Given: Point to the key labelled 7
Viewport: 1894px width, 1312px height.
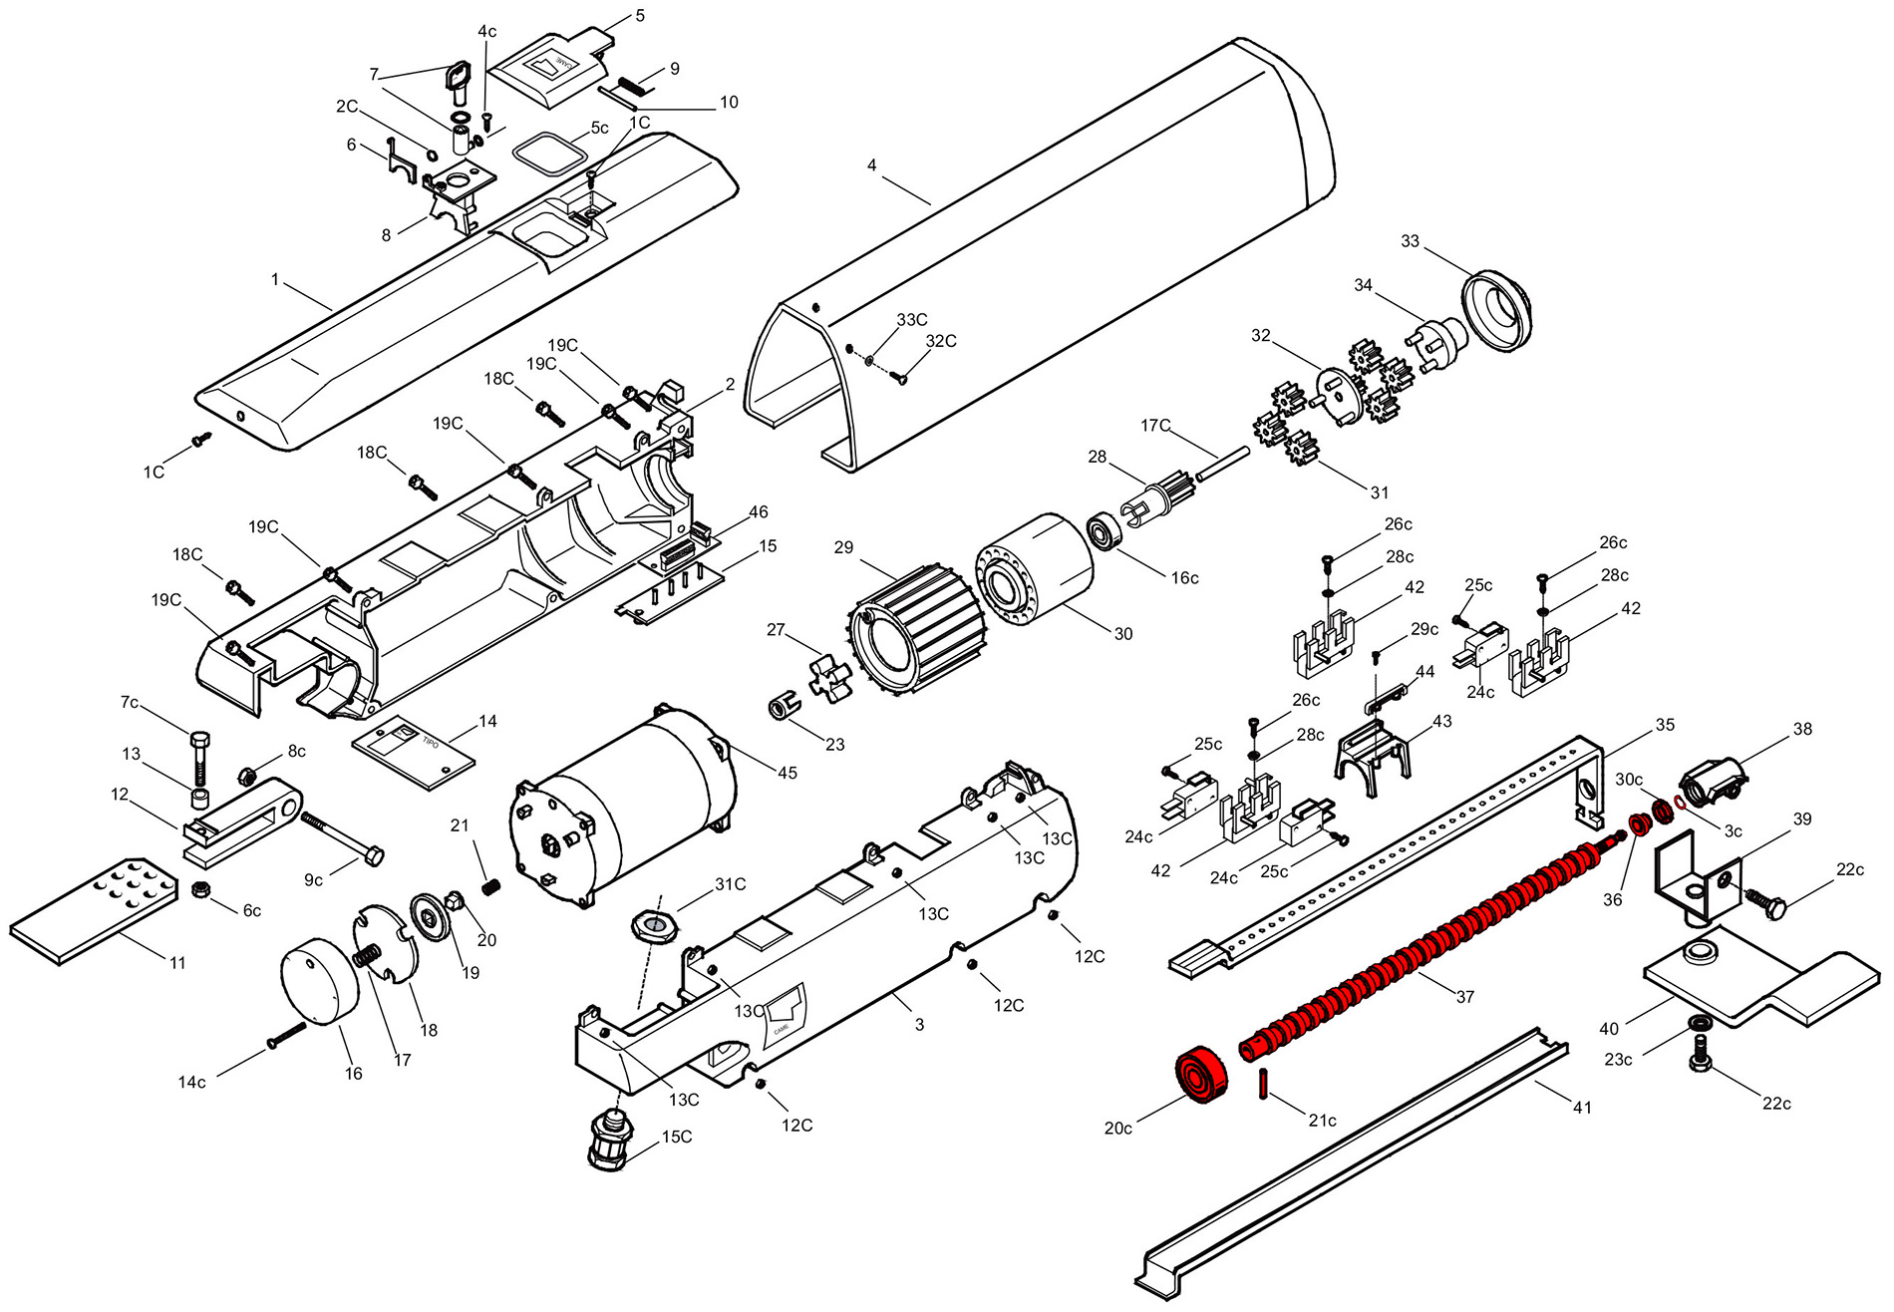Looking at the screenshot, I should click(x=458, y=79).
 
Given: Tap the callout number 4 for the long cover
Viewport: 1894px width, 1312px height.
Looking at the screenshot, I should click(x=872, y=164).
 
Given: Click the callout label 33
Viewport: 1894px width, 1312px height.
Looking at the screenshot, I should click(x=1410, y=241).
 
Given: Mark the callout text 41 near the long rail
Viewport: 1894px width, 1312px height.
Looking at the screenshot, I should click(x=1582, y=1107).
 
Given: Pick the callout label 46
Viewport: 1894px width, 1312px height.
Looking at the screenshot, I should click(x=759, y=512).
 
